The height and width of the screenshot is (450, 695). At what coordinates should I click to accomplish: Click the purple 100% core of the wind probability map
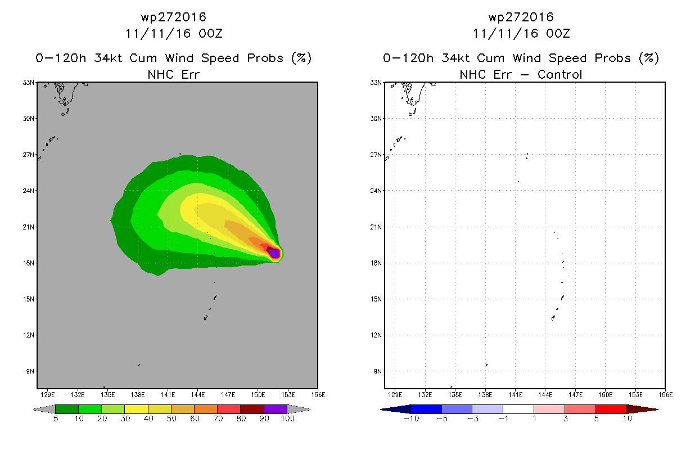pos(274,254)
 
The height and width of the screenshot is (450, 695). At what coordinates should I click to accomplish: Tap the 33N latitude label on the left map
pos(28,83)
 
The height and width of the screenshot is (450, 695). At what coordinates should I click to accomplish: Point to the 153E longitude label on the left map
pos(288,395)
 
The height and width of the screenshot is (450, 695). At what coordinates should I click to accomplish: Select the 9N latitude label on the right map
pos(378,371)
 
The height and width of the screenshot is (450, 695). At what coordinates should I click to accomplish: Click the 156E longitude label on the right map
pos(666,395)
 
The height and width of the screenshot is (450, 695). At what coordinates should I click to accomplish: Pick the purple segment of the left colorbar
pos(276,409)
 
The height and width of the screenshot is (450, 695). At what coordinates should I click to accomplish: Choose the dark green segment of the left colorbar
pos(67,409)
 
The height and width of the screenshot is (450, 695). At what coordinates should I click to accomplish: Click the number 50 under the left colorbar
pos(172,418)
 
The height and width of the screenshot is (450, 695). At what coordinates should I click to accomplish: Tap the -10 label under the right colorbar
pos(411,418)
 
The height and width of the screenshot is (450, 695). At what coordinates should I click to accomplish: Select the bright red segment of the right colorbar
pos(611,409)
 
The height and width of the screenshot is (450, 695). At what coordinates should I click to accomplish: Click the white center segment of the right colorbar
pos(518,409)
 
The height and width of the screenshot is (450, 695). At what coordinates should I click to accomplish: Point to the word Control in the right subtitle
pos(559,74)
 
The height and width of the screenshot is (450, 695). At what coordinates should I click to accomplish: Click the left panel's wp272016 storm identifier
pos(174,17)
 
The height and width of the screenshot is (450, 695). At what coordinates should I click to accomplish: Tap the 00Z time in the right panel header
pos(558,33)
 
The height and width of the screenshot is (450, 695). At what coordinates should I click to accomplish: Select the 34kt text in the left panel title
pos(108,58)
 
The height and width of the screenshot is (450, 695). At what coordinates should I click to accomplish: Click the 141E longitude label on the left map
pos(168,395)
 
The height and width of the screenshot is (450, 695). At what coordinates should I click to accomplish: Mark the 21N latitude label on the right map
pos(376,227)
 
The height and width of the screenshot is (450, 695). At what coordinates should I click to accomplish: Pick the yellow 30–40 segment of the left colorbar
pos(137,409)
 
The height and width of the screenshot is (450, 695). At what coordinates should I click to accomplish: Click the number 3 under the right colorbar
pos(565,418)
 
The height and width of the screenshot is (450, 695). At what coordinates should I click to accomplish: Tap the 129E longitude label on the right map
pos(395,395)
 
